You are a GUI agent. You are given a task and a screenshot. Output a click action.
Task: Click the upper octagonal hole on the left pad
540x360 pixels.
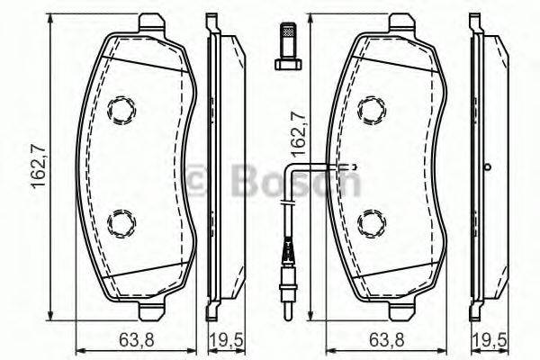[120, 110]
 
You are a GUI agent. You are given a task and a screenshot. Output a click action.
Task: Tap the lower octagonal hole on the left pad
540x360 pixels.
[120, 221]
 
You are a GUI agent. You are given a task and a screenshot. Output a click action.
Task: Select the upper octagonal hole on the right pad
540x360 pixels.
[371, 110]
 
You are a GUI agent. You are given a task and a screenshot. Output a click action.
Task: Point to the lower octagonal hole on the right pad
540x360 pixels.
[371, 221]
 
